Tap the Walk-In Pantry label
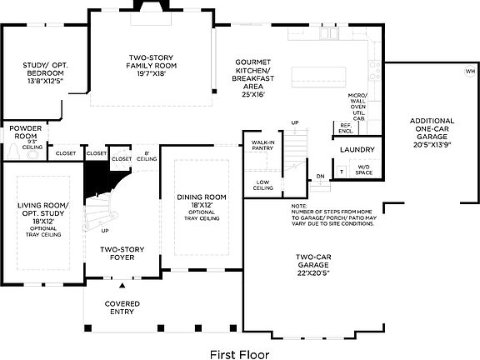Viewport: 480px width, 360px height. pyautogui.click(x=263, y=147)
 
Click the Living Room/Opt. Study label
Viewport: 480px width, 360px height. pyautogui.click(x=42, y=215)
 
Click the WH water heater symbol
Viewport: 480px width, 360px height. pyautogui.click(x=469, y=70)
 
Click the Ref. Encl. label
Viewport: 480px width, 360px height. pyautogui.click(x=345, y=129)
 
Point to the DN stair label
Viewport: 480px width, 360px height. pyautogui.click(x=321, y=176)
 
